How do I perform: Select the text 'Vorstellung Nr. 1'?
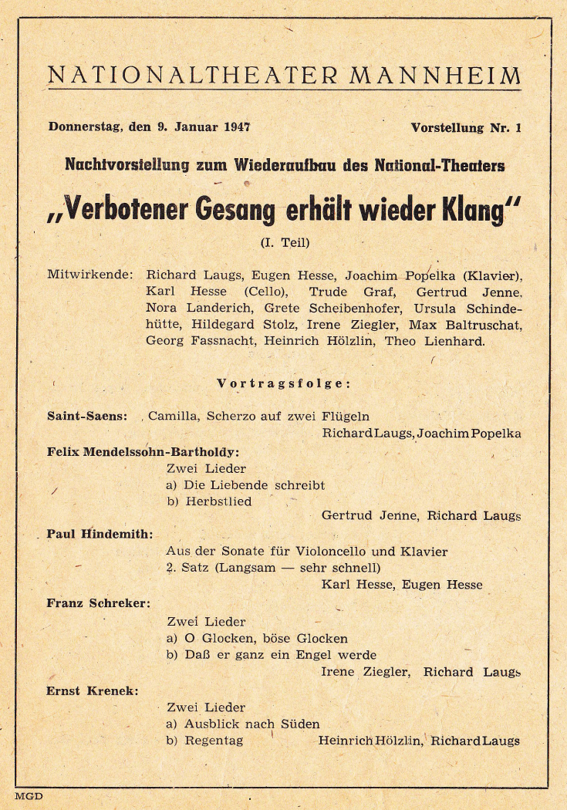point(465,127)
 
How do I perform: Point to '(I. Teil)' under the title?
point(284,242)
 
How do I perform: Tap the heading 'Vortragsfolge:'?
point(284,383)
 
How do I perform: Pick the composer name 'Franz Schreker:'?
point(98,603)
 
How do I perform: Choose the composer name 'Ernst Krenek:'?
point(93,690)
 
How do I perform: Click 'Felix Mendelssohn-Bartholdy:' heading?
point(143,451)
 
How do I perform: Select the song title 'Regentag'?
point(214,741)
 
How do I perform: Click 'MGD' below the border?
point(29,796)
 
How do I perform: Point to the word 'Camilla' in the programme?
point(171,416)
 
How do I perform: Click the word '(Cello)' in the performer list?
point(266,292)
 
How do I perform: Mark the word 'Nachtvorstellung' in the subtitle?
point(127,164)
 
